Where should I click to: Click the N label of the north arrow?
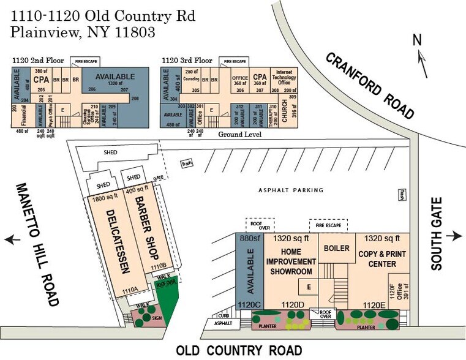pyautogui.click(x=418, y=40)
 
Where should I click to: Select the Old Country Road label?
pyautogui.click(x=239, y=350)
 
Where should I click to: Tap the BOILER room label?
pyautogui.click(x=336, y=249)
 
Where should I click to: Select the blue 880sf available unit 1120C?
pyautogui.click(x=249, y=269)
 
